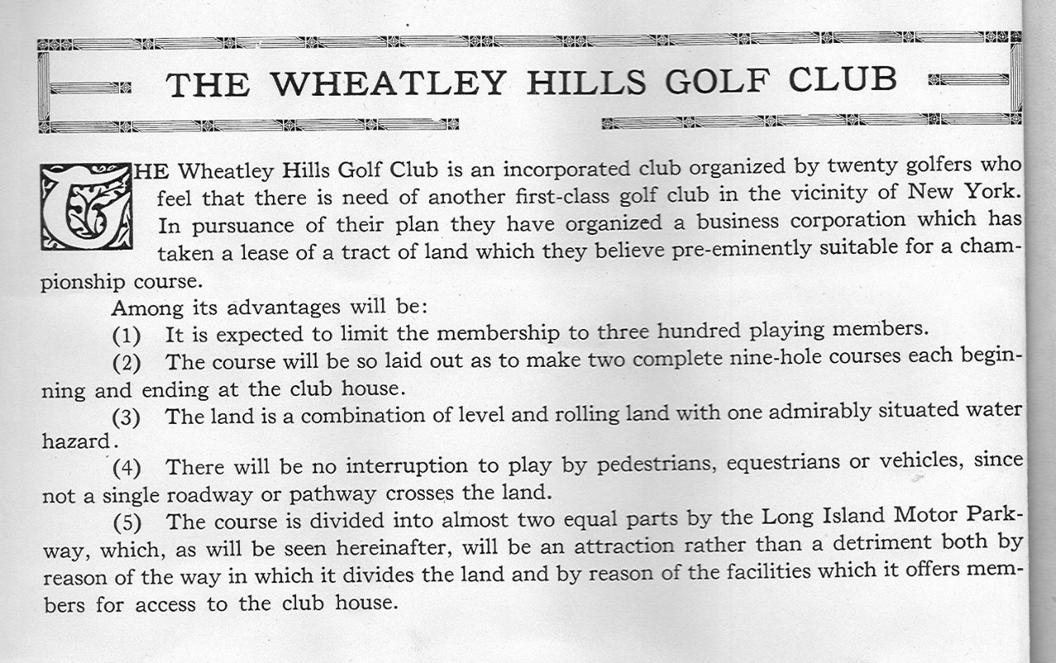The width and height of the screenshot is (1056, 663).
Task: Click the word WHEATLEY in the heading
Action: coord(388,83)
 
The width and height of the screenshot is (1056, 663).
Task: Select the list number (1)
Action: coord(126,336)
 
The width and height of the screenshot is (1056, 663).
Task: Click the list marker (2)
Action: coord(126,363)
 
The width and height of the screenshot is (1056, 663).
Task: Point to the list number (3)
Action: coord(126,417)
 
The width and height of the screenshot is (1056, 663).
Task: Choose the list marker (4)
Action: coord(126,468)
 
